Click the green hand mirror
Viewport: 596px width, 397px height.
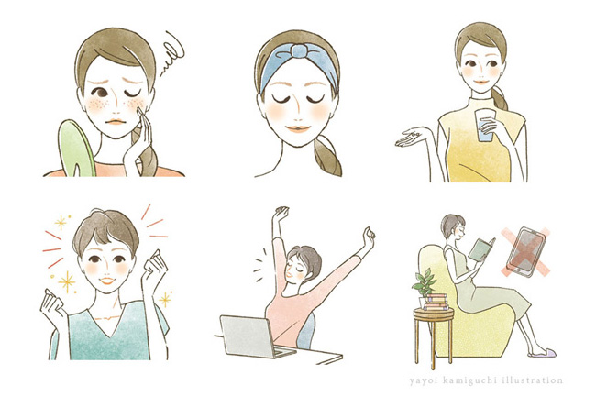click(76, 149)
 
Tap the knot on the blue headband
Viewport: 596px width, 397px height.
click(298, 51)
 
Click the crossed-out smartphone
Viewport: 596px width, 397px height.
click(526, 251)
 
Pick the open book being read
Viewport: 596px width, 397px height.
click(481, 249)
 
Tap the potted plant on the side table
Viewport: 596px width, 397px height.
click(424, 283)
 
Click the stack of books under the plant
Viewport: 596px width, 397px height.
click(436, 302)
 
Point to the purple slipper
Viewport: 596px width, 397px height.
click(543, 354)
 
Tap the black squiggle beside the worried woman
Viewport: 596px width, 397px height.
click(171, 54)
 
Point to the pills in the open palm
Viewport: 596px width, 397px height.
click(414, 134)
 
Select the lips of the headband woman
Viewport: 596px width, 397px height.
click(298, 128)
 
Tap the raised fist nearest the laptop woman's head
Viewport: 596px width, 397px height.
click(281, 212)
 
